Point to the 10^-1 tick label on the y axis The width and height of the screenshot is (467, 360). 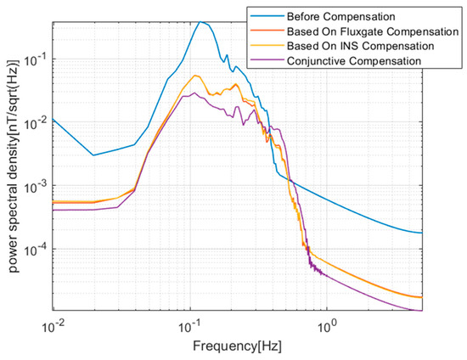click(x=37, y=60)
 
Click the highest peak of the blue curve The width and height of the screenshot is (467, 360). click(x=200, y=22)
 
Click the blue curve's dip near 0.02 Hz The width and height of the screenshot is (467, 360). click(x=94, y=155)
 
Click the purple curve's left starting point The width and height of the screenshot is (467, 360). click(x=53, y=210)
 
